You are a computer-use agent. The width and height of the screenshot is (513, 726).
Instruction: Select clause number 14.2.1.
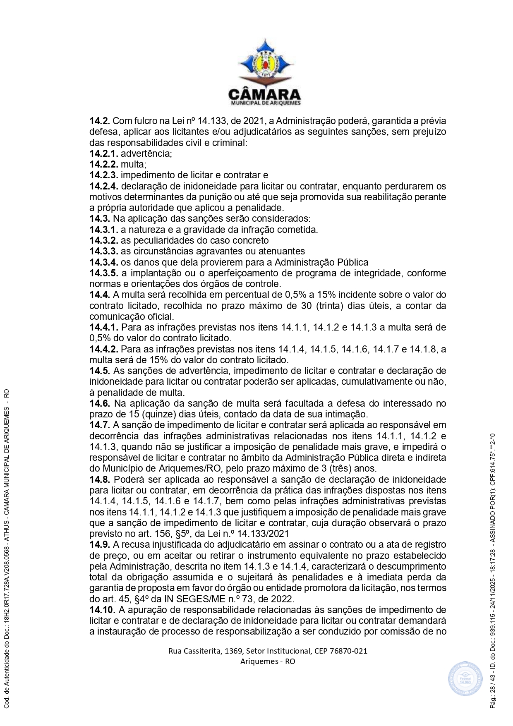(104, 153)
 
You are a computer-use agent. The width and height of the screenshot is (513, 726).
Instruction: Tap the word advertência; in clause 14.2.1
(146, 153)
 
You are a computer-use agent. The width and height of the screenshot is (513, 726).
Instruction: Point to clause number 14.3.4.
(104, 262)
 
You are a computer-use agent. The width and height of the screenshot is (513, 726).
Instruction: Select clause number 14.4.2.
(104, 349)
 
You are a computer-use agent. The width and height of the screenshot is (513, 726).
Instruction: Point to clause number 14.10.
(102, 610)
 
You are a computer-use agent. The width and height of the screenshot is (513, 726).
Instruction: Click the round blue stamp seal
(465, 678)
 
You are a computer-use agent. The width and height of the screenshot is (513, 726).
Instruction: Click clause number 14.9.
(100, 544)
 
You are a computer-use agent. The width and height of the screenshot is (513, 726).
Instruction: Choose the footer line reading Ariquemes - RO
(268, 661)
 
